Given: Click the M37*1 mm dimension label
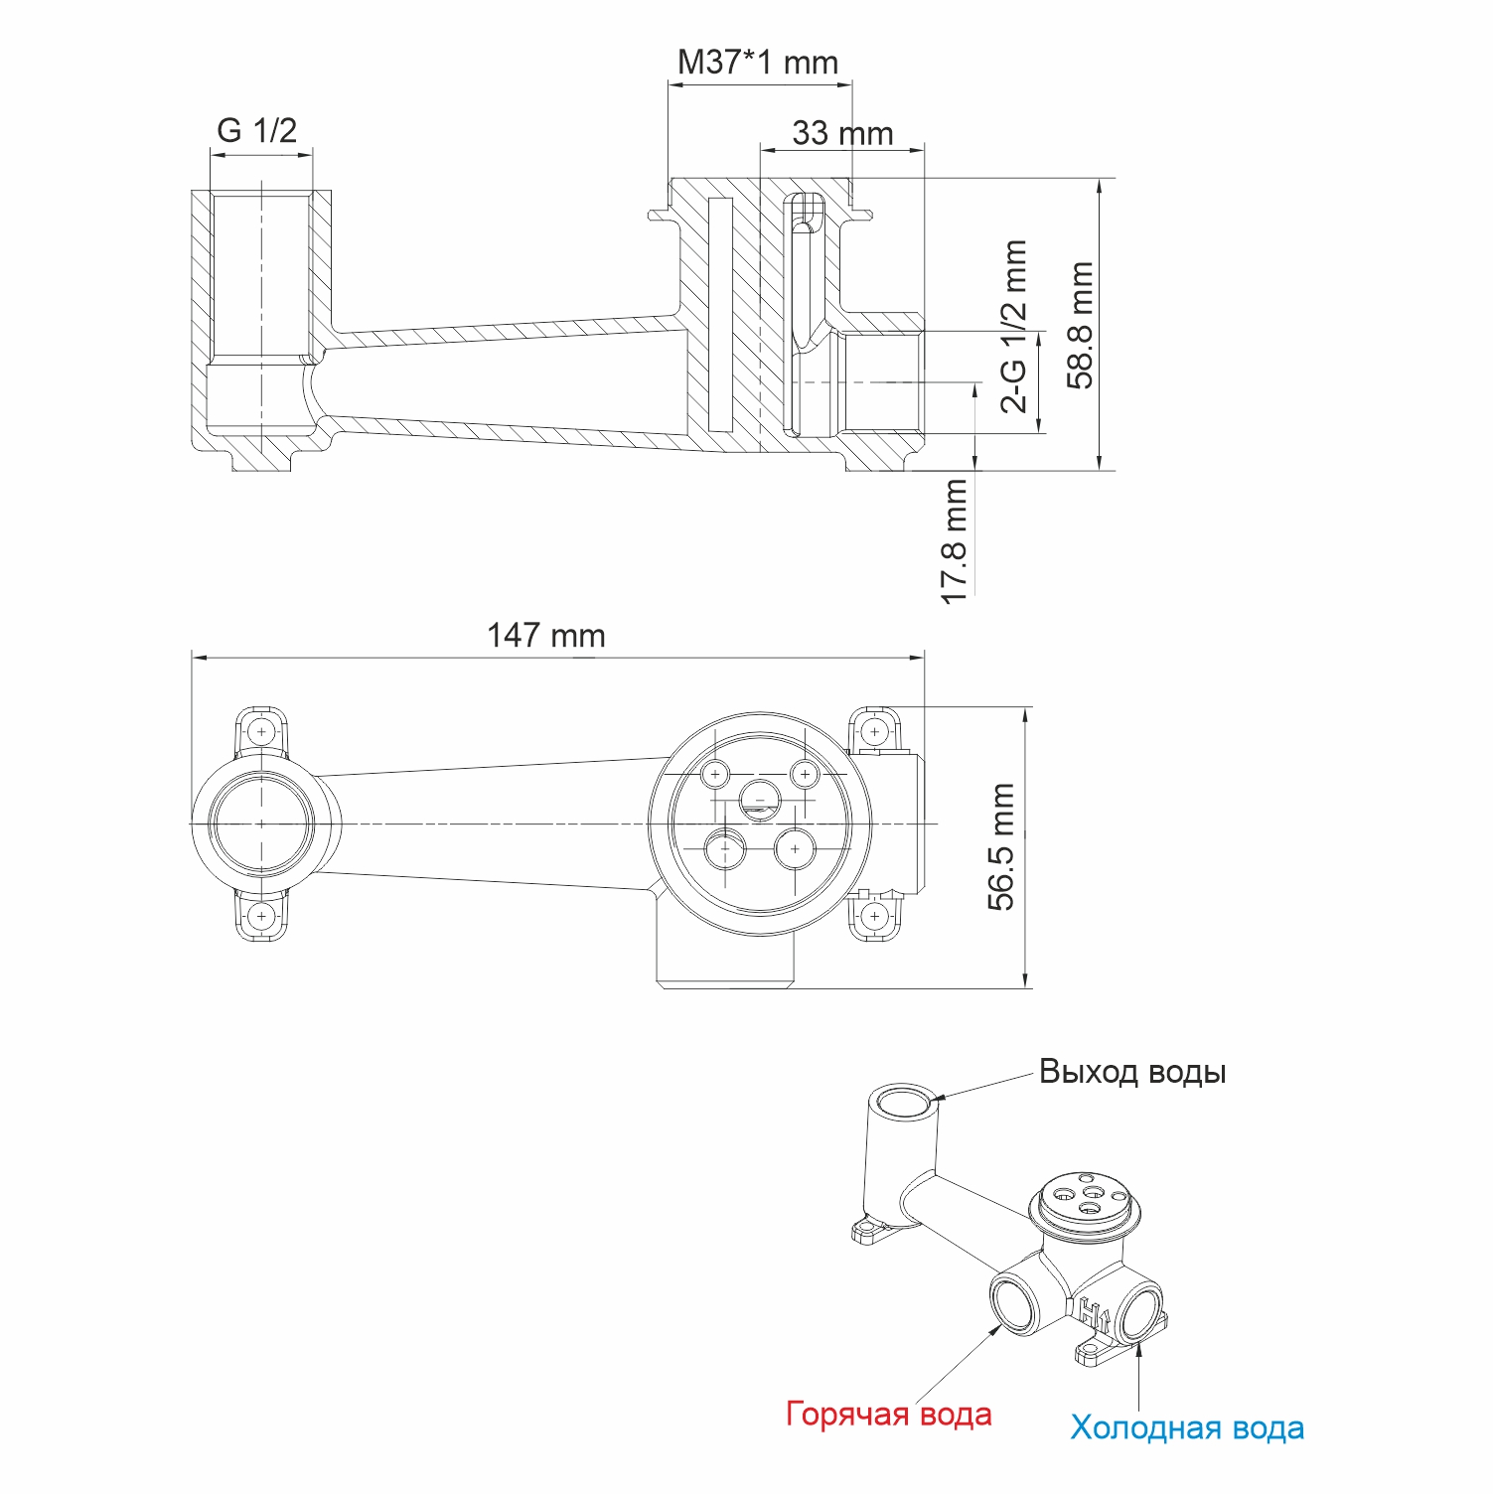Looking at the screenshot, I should point(757,63).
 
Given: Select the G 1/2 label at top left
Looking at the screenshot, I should point(256,130).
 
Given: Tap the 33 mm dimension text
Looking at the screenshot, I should point(842,133).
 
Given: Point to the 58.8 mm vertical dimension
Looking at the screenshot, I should point(1081,325).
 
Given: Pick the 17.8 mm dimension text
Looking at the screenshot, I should point(955,541).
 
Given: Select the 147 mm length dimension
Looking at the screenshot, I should point(545,635).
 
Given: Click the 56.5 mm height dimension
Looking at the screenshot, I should point(1002,846).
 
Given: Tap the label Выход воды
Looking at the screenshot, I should point(1131,1072).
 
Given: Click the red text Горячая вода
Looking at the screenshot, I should point(888,1414).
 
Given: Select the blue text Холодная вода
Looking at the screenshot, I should point(1186,1427).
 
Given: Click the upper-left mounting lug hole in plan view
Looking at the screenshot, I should point(261,732).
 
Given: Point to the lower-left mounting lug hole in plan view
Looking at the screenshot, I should point(261,914).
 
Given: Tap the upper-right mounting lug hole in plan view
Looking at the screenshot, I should point(874,732).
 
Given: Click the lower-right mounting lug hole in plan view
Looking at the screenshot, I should point(874,915).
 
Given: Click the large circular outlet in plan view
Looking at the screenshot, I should point(261,823).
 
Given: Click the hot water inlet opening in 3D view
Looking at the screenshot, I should point(1015,1304).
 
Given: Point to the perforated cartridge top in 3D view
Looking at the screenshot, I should point(1085,1194).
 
